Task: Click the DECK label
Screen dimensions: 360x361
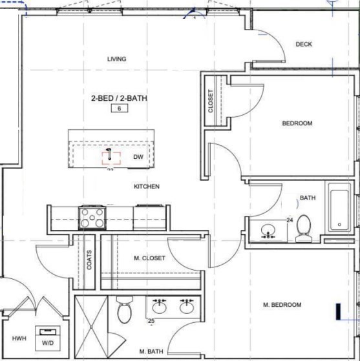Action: tap(304, 44)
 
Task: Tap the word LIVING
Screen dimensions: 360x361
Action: tap(117, 59)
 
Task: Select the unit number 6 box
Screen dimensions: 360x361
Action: tap(120, 108)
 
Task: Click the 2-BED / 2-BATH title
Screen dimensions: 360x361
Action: tap(120, 98)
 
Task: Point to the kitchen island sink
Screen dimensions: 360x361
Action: tap(111, 158)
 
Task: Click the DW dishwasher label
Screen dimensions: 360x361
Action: tap(138, 157)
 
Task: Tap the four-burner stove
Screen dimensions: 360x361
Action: tap(92, 218)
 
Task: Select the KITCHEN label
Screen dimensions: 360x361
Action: tap(147, 186)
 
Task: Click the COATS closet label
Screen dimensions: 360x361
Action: tap(89, 260)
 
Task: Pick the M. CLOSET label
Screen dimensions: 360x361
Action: tap(149, 258)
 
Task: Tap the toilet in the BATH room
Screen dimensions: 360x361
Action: tap(304, 228)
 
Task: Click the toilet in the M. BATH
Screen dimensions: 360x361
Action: tap(125, 309)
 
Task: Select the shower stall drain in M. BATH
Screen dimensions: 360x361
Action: tap(91, 327)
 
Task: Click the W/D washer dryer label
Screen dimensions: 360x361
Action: tap(48, 343)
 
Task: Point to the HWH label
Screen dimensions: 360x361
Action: tap(19, 338)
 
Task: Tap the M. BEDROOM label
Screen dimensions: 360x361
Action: tap(282, 305)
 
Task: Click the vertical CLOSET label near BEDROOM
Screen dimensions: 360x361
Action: tap(211, 101)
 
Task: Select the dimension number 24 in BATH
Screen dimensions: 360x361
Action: tap(290, 220)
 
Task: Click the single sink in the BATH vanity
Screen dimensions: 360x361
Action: tap(268, 231)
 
